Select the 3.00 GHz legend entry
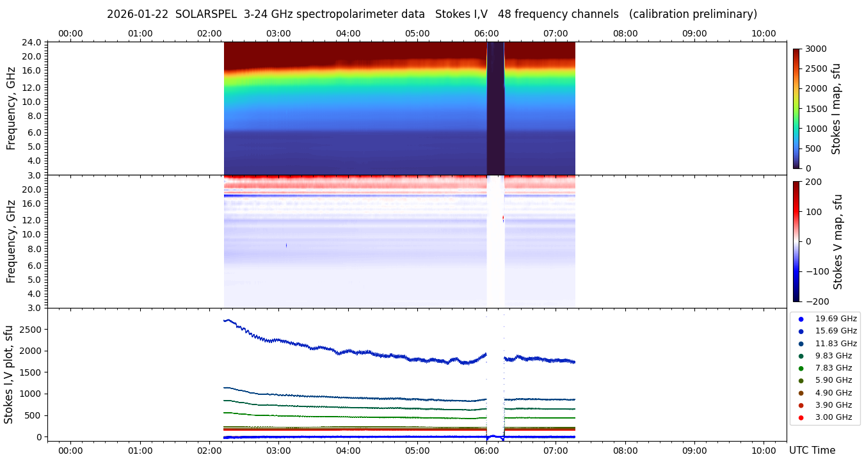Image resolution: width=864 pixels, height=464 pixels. pyautogui.click(x=833, y=417)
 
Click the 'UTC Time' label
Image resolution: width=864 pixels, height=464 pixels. pyautogui.click(x=812, y=451)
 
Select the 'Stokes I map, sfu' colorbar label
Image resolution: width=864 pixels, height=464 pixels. pyautogui.click(x=836, y=109)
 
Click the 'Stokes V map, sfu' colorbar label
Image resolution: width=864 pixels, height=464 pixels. pyautogui.click(x=838, y=241)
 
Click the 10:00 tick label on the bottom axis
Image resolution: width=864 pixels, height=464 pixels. pyautogui.click(x=764, y=451)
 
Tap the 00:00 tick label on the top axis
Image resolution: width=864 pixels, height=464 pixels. pyautogui.click(x=70, y=33)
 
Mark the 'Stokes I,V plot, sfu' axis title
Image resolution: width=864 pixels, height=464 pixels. pyautogui.click(x=9, y=374)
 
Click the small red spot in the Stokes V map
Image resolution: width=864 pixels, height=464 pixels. pyautogui.click(x=503, y=218)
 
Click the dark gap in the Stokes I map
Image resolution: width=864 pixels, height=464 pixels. pyautogui.click(x=495, y=109)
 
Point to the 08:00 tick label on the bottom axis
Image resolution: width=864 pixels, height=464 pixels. pyautogui.click(x=625, y=451)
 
